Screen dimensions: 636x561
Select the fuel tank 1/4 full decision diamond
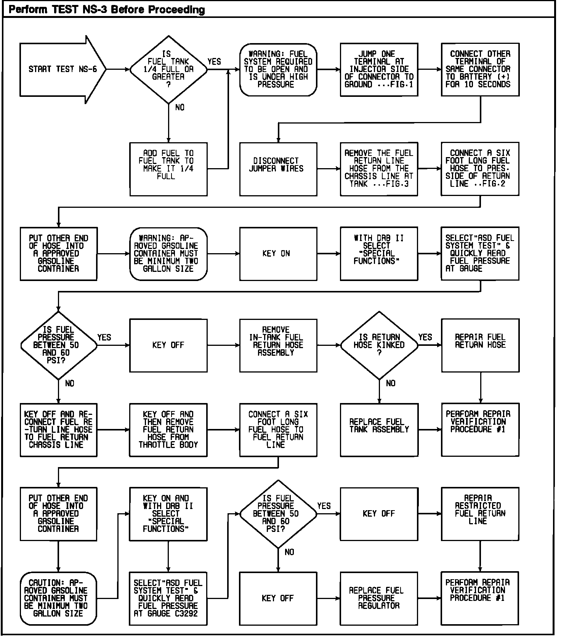click(x=168, y=69)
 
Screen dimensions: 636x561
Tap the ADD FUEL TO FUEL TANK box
click(x=168, y=169)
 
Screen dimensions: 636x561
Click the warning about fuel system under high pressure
click(x=278, y=69)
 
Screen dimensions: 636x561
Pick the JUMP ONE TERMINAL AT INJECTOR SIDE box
click(x=379, y=69)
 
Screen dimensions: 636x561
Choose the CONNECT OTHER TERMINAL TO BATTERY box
click(x=480, y=69)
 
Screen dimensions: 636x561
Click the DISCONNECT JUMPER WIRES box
click(x=278, y=169)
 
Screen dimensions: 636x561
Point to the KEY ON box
click(x=278, y=254)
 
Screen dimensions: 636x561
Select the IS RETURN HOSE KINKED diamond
click(x=379, y=345)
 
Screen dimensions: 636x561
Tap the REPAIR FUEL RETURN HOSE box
click(x=480, y=345)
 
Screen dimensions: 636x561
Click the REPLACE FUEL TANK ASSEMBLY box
click(x=379, y=430)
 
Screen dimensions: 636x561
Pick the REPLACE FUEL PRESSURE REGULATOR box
click(x=379, y=598)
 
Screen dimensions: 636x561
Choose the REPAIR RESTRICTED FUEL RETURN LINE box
click(x=480, y=514)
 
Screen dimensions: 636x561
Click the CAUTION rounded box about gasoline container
click(x=58, y=598)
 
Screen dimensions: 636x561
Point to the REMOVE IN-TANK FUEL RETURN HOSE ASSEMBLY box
click(x=278, y=345)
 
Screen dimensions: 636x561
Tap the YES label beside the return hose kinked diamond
click(x=425, y=337)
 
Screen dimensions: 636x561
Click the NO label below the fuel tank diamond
click(x=180, y=108)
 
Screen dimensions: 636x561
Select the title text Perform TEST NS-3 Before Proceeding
click(x=107, y=10)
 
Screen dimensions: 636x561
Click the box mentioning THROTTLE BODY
click(x=168, y=430)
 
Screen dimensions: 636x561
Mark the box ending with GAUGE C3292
click(x=168, y=598)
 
